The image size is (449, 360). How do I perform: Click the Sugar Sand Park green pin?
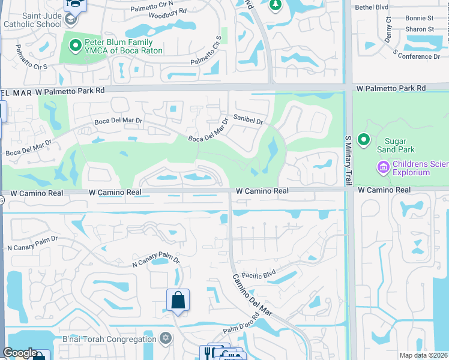pyautogui.click(x=363, y=140)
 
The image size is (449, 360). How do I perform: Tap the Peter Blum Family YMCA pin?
pyautogui.click(x=75, y=45)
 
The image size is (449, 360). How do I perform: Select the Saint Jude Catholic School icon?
pyautogui.click(x=70, y=20)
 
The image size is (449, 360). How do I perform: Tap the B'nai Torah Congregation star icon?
pyautogui.click(x=166, y=339)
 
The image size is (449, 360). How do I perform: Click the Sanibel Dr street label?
pyautogui.click(x=249, y=121)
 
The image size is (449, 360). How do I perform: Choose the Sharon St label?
pyautogui.click(x=420, y=29)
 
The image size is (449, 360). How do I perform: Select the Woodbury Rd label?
pyautogui.click(x=167, y=11)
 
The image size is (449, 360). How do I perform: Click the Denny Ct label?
pyautogui.click(x=388, y=28)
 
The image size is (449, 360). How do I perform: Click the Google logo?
pyautogui.click(x=20, y=353)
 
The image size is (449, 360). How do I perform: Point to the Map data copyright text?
pyautogui.click(x=424, y=355)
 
